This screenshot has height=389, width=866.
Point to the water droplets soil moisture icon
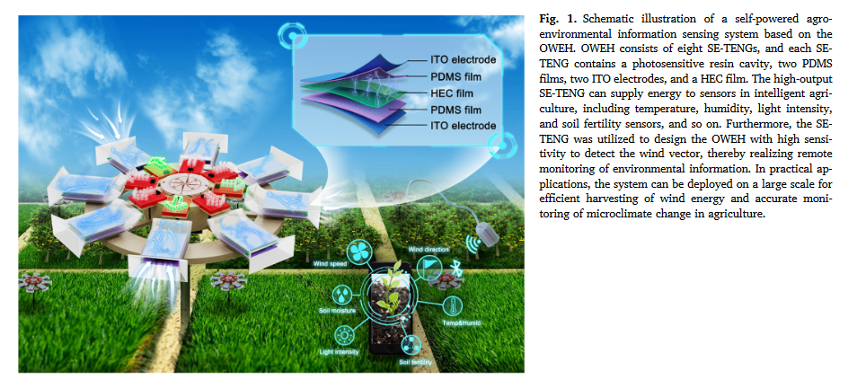click(x=343, y=294)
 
